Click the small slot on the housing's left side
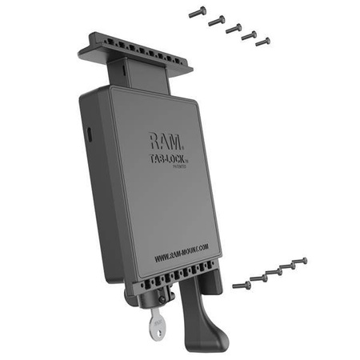click(x=89, y=129)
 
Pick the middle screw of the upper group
click(x=234, y=28)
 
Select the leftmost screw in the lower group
click(x=241, y=284)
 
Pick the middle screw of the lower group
click(x=272, y=271)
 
